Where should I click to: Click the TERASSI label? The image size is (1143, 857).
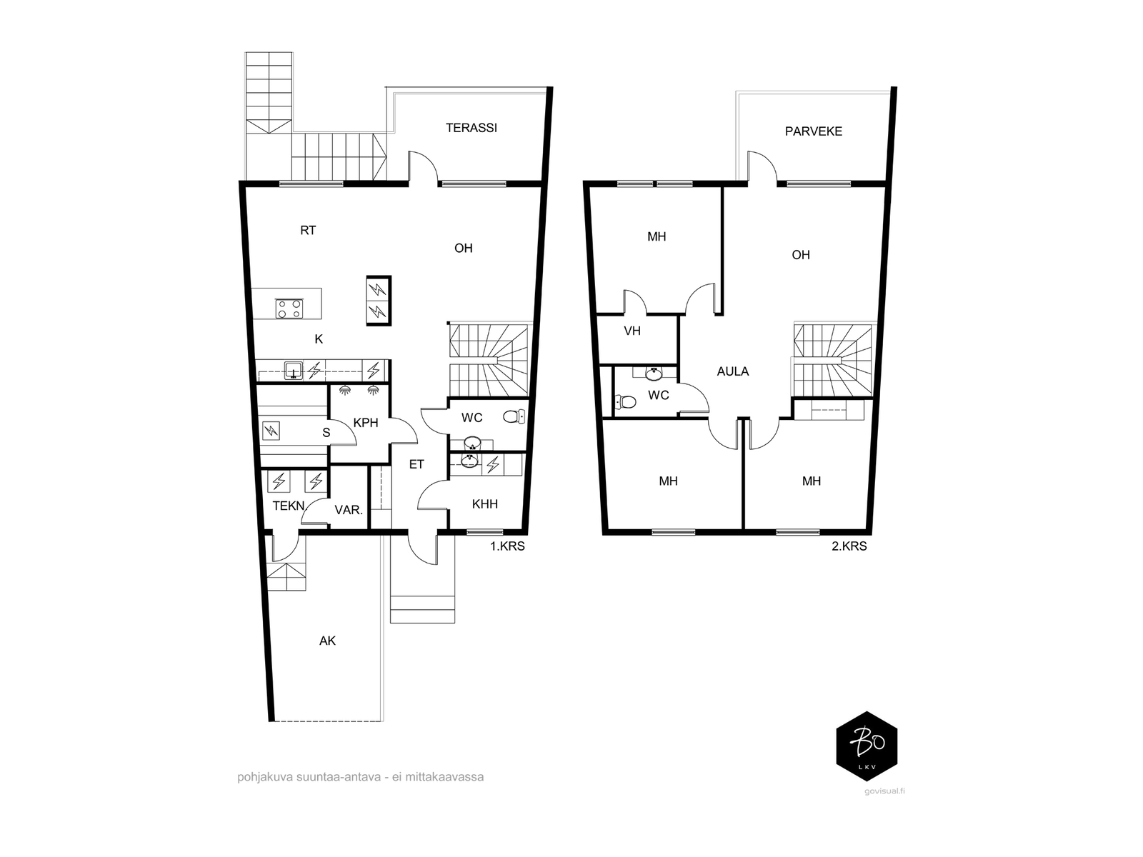(x=471, y=128)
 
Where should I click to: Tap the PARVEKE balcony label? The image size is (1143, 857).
(x=814, y=131)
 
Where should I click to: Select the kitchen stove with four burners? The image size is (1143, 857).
(x=289, y=309)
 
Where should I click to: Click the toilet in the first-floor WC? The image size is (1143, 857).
(x=514, y=416)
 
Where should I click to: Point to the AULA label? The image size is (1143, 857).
(x=733, y=371)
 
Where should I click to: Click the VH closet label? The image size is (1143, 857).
(x=632, y=331)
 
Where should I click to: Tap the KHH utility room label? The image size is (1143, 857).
(x=485, y=504)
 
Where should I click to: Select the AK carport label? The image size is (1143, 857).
(x=327, y=641)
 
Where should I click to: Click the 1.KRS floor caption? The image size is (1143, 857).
(x=506, y=546)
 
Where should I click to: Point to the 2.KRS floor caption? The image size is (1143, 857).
(x=849, y=546)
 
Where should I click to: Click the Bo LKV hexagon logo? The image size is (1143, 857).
(x=867, y=746)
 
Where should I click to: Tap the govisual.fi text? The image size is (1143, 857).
(x=884, y=791)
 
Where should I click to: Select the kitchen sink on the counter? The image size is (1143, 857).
(x=294, y=371)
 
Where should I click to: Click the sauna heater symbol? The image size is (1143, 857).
(x=271, y=431)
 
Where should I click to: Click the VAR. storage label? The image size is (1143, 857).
(x=349, y=511)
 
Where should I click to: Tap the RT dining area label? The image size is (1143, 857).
(x=309, y=231)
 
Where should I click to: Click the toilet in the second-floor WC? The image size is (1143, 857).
(x=625, y=401)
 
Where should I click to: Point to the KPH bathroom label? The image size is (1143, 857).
(x=366, y=423)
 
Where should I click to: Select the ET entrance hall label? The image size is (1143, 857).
(x=416, y=465)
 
